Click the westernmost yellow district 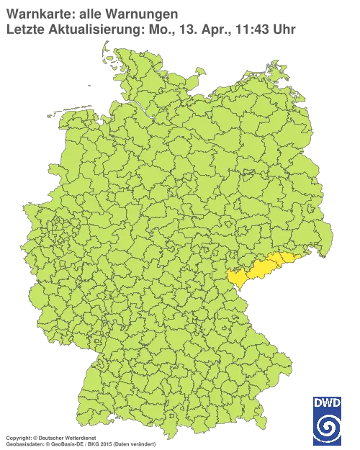tap(238, 277)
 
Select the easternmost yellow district tap(292, 258)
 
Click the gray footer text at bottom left tap(79, 436)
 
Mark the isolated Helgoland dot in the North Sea tap(89, 83)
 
